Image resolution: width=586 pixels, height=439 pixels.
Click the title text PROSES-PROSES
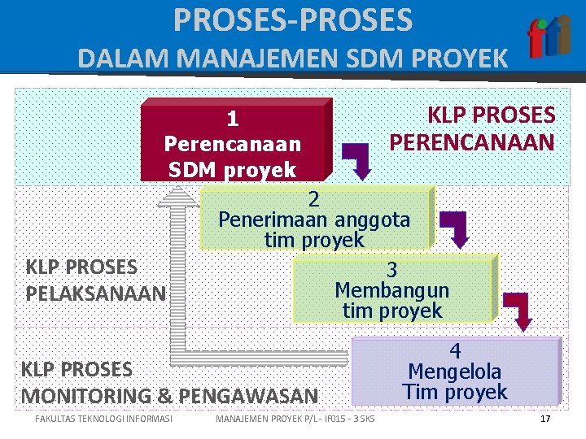pos(293,20)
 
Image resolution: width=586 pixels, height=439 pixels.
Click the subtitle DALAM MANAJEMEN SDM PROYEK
pos(293,59)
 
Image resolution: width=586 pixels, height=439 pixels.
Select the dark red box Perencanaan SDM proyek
pos(234,140)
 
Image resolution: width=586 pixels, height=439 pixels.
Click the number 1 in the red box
pos(233,120)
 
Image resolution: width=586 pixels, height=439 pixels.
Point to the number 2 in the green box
pos(314,198)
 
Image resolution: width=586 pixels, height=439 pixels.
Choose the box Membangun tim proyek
pos(392,289)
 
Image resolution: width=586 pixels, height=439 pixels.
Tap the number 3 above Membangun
pos(391,270)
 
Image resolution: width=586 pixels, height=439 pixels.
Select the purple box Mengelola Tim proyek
pos(456,371)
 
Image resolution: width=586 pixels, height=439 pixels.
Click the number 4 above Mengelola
pos(456,351)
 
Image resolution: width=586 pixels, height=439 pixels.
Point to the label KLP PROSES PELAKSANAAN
pos(94,279)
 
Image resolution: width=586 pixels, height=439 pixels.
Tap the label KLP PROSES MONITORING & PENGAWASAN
pos(169,383)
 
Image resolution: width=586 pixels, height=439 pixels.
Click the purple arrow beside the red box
pos(357,159)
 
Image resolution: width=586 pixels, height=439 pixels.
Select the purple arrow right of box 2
pos(455,228)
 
